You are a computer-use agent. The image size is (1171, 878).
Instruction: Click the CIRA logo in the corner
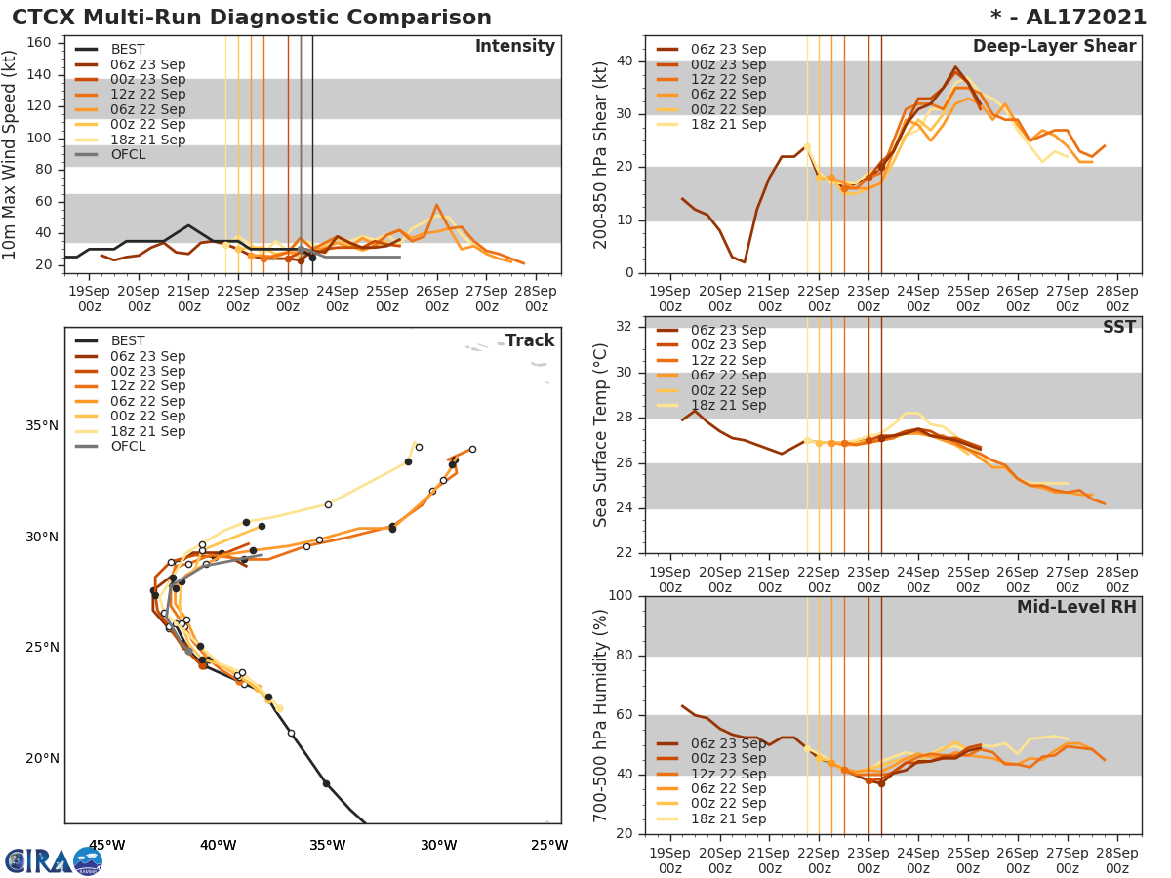(x=53, y=860)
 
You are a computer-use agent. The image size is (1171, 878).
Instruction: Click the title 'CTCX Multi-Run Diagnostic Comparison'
(x=252, y=18)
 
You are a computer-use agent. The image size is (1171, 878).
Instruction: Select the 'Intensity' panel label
(x=514, y=47)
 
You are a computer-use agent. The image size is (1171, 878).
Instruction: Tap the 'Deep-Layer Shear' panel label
(x=1054, y=47)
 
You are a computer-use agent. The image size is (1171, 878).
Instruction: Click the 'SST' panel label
(x=1118, y=327)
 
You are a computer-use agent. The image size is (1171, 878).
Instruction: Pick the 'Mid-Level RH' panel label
(x=1076, y=607)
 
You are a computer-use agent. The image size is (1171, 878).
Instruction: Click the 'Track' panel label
(x=530, y=340)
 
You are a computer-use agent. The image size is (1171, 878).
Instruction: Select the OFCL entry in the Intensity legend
(x=127, y=155)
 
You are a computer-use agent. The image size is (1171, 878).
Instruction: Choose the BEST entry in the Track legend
(x=127, y=340)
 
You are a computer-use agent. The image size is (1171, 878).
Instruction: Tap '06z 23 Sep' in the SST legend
(x=727, y=330)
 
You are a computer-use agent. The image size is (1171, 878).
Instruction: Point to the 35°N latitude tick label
(x=42, y=425)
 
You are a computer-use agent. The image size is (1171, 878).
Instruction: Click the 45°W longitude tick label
(x=106, y=845)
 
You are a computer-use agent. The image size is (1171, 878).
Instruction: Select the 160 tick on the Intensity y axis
(x=39, y=42)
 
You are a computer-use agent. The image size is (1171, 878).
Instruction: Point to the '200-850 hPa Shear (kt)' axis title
(x=601, y=154)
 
